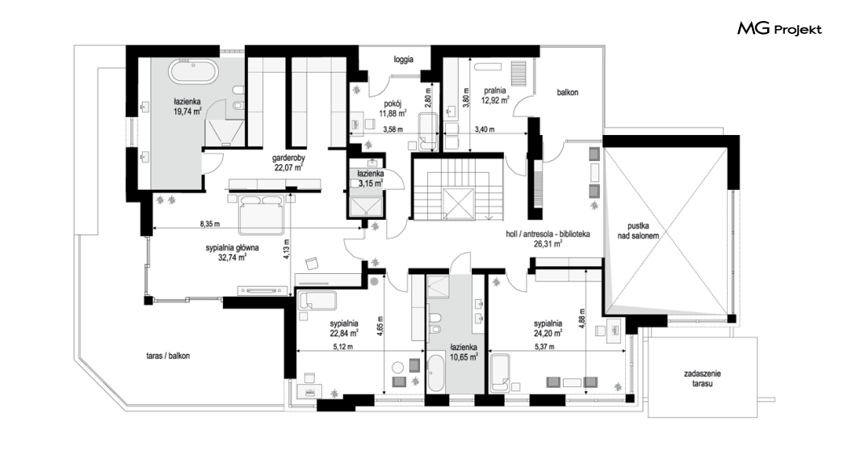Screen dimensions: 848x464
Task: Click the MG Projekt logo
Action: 779,29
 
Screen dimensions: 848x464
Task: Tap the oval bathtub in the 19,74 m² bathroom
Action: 193,72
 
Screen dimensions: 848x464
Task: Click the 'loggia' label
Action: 404,60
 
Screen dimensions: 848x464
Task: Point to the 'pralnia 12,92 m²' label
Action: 496,95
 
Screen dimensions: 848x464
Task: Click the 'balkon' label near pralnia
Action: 568,93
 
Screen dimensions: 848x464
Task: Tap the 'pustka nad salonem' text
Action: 639,230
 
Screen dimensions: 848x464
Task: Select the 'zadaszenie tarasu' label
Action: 703,378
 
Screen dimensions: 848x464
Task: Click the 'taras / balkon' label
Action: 168,356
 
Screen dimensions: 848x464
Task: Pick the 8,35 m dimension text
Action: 210,223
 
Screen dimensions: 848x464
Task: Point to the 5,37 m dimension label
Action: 544,347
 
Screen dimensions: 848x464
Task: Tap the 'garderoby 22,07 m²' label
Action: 288,162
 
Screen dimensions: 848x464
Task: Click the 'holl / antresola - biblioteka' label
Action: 548,234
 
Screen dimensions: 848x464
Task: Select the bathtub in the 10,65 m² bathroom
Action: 435,373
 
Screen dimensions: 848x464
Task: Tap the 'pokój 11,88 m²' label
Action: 393,108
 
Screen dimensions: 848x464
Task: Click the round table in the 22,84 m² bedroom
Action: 398,368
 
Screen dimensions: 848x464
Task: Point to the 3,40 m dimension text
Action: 485,129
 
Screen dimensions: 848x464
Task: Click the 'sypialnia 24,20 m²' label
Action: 548,329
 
